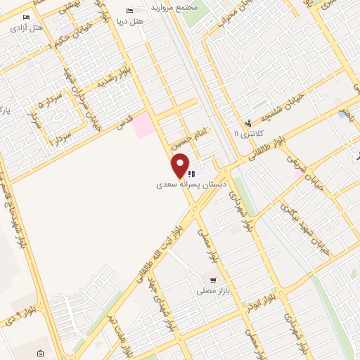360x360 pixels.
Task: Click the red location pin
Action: (181, 166)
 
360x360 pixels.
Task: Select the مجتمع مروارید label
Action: (175, 6)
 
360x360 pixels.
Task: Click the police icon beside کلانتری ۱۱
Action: (247, 122)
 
